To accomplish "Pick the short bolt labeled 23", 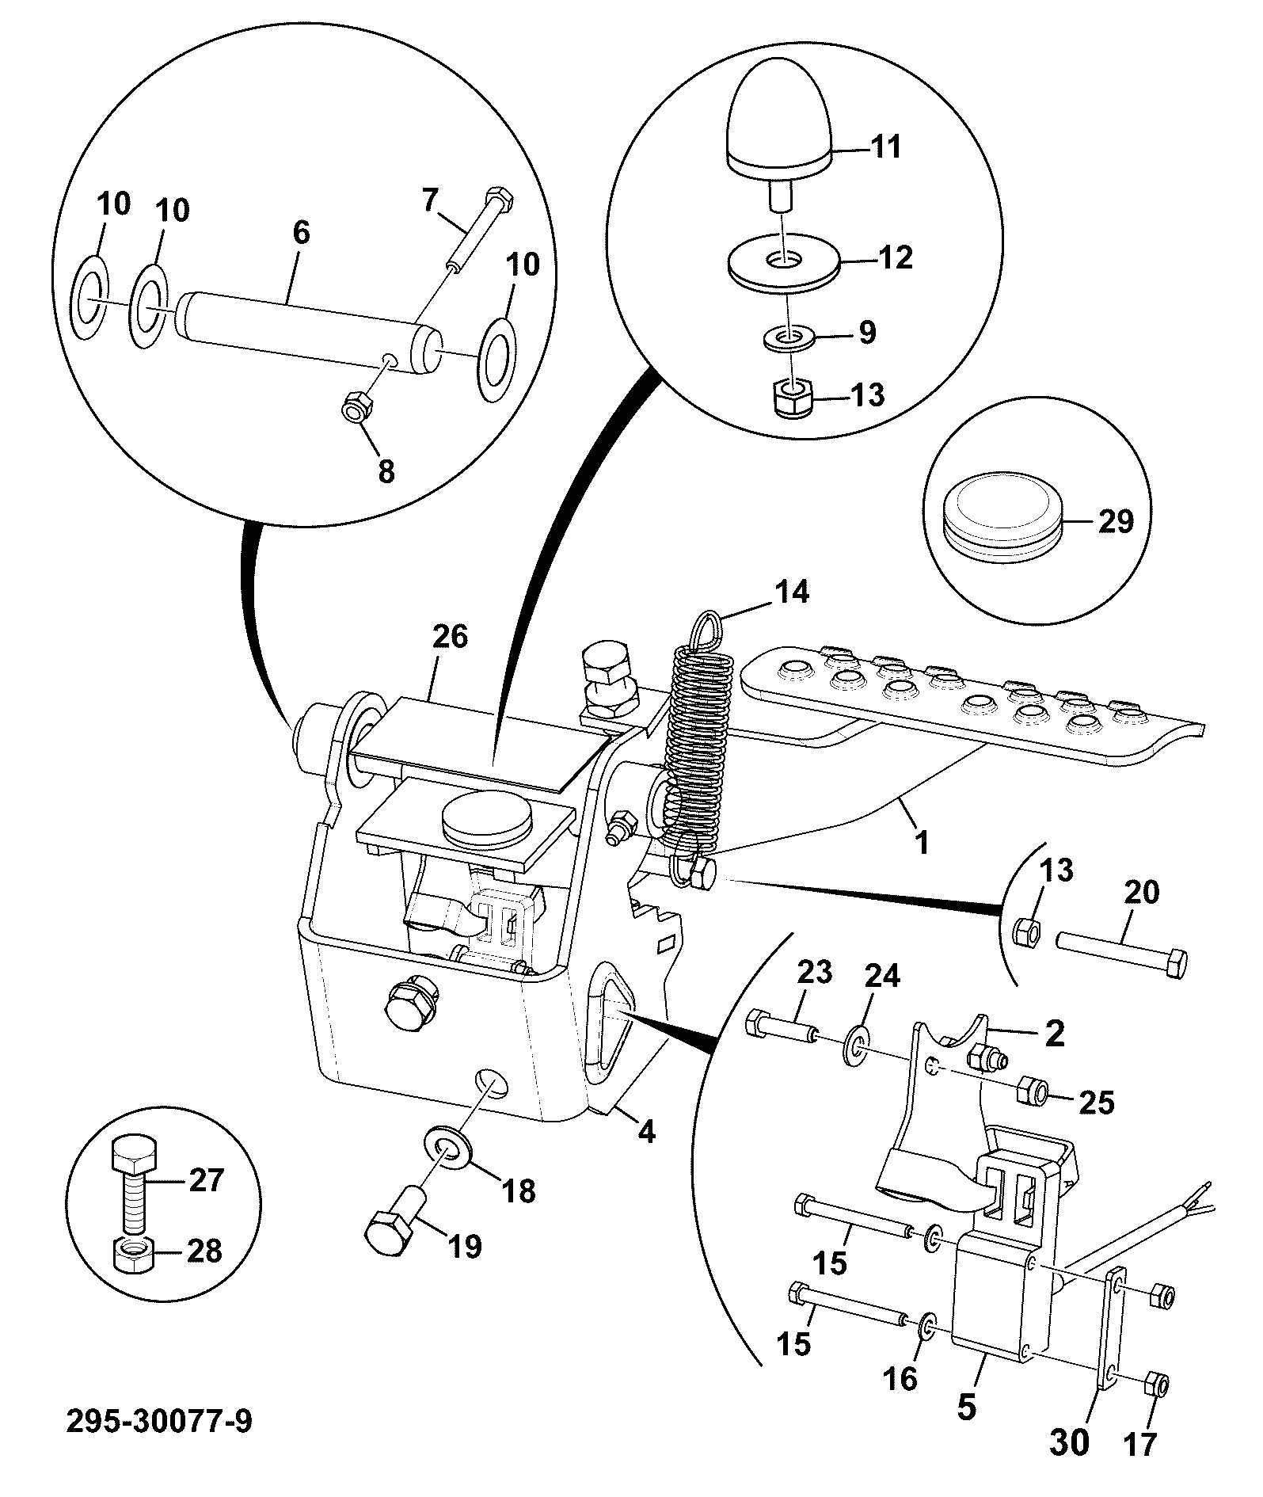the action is click(x=780, y=1027).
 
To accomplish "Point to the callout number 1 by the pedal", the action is click(x=921, y=841).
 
